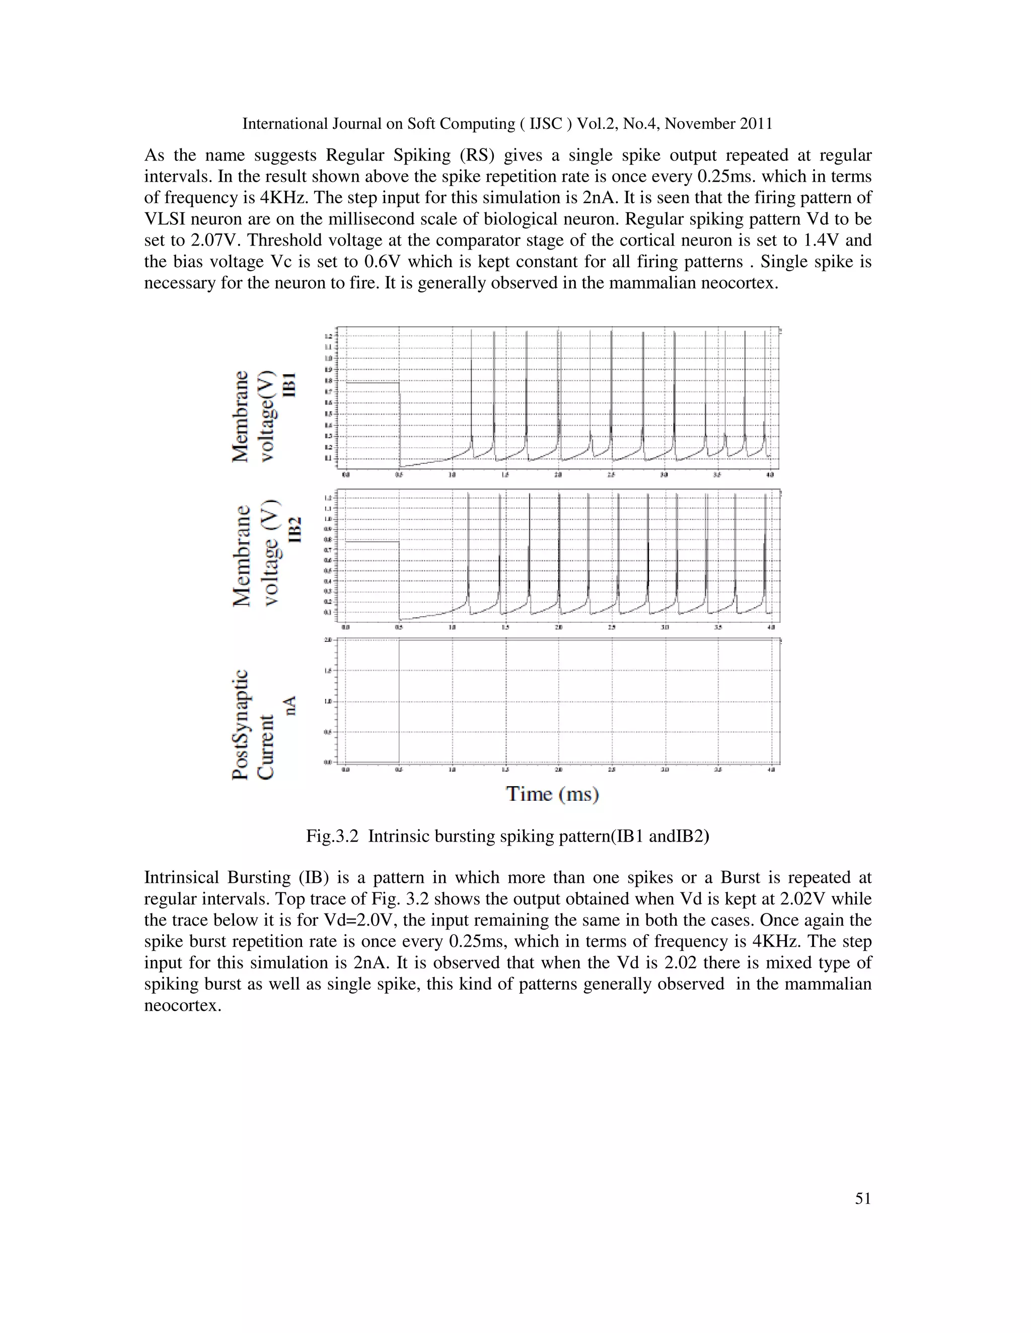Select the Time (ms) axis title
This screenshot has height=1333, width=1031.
[x=552, y=794]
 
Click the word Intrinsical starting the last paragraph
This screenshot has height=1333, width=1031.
[x=181, y=878]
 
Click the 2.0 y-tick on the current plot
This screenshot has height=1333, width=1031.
[x=328, y=640]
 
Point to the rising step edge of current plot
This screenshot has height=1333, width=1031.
[x=399, y=702]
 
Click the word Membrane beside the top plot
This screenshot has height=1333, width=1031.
[x=241, y=416]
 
